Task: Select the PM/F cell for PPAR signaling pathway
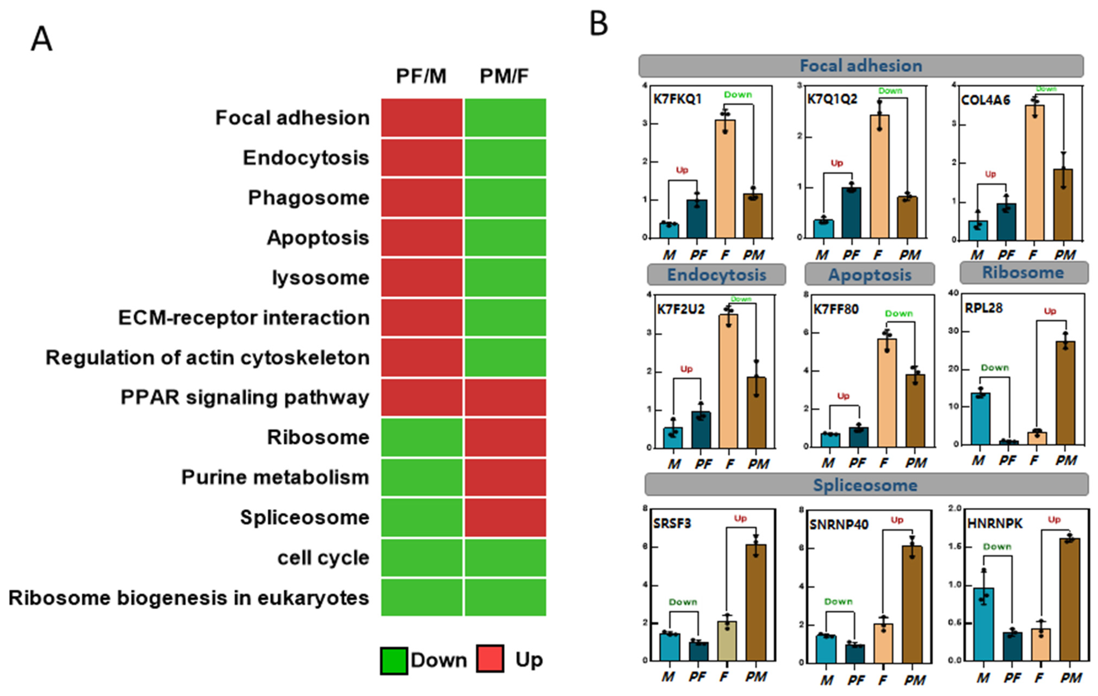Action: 505,397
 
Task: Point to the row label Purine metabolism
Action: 275,478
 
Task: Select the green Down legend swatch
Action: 393,660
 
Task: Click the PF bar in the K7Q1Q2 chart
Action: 851,212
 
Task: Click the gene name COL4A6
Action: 985,100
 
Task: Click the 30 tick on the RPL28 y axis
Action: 953,331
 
